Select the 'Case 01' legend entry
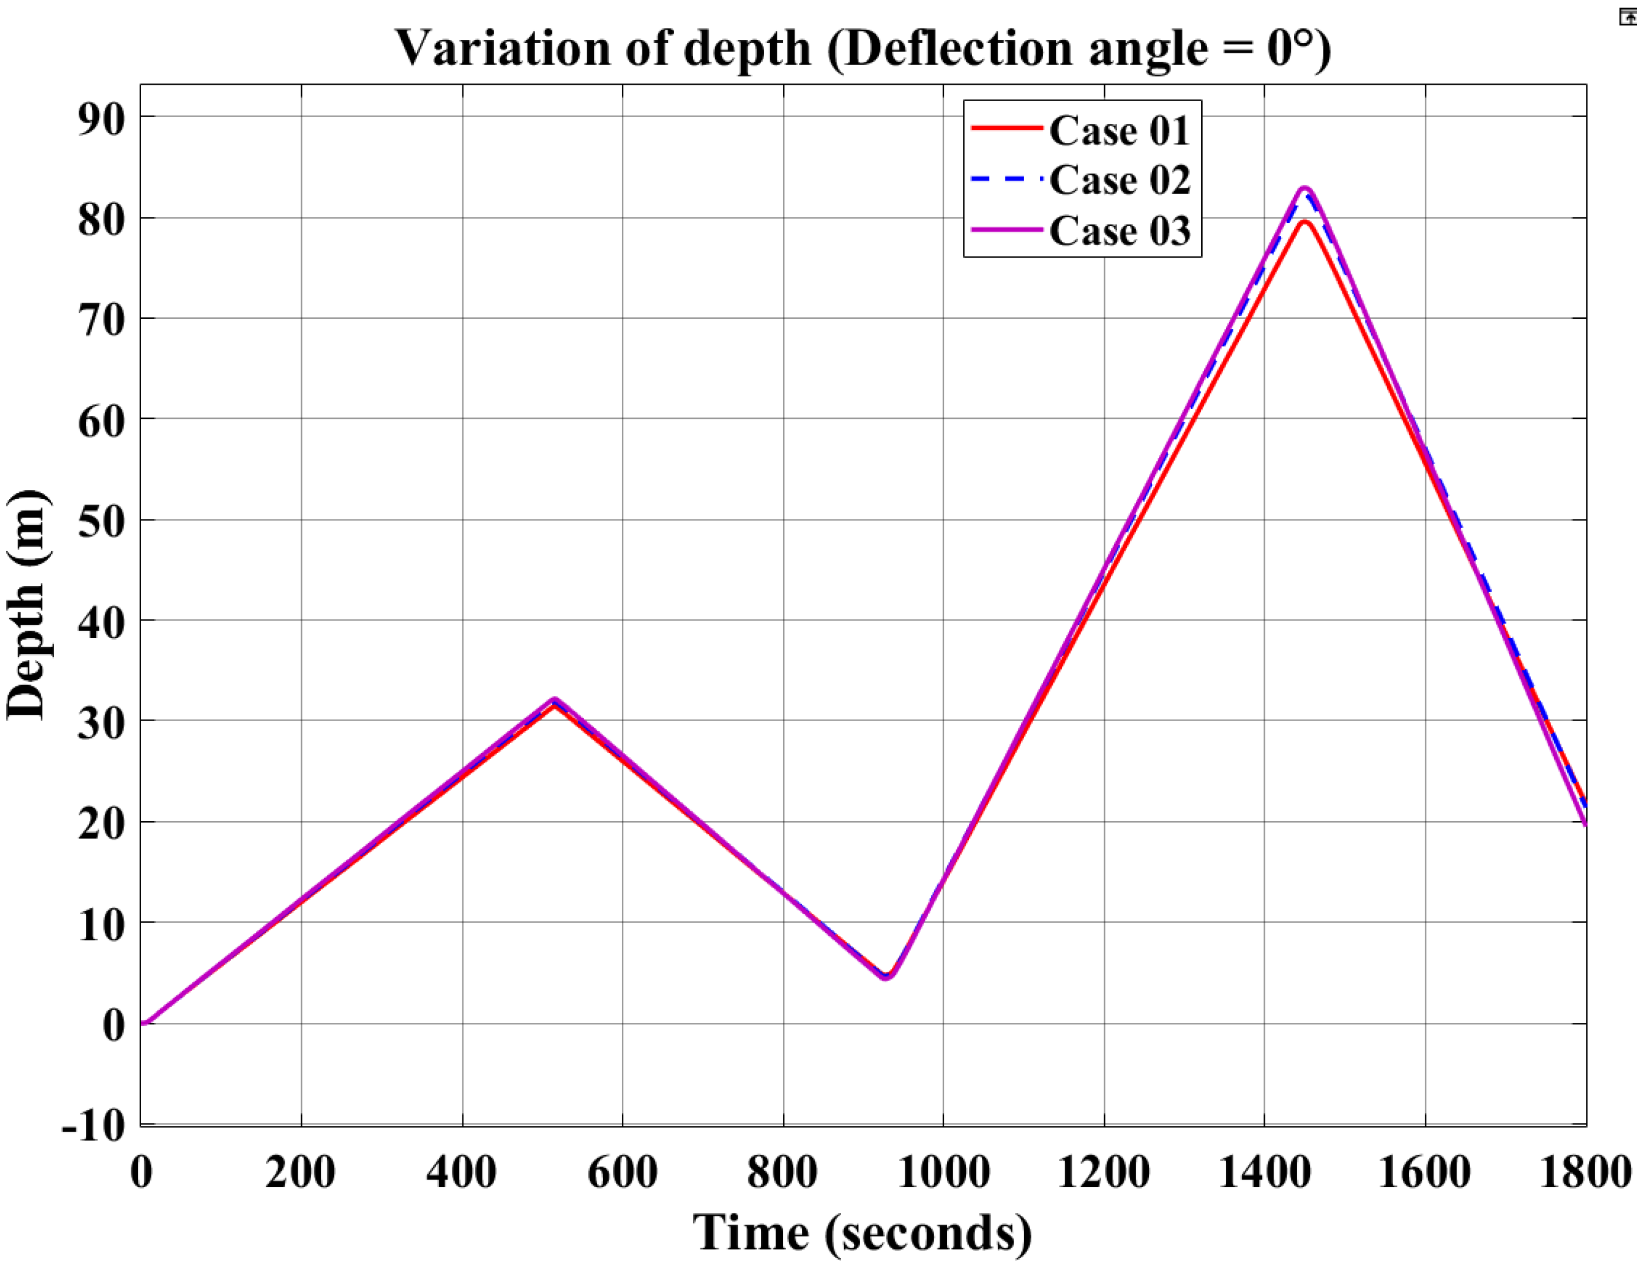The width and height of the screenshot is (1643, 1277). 1119,131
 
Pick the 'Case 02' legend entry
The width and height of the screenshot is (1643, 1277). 1119,181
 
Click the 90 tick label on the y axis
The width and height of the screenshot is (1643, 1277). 101,118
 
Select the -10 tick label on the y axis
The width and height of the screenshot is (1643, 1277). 94,1126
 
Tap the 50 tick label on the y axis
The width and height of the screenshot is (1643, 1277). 101,521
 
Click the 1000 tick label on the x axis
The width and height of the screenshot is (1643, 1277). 944,1172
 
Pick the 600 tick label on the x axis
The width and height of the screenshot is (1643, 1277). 623,1172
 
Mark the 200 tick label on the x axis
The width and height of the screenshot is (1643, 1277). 301,1172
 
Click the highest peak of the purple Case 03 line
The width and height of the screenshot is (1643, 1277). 1305,188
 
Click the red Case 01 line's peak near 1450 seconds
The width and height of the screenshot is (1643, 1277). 1305,221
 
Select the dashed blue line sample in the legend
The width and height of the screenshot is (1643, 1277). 1006,179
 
